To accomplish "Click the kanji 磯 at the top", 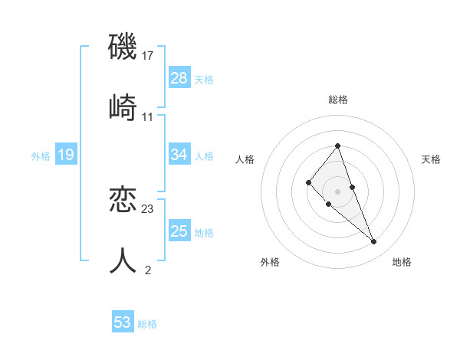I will coord(123,47).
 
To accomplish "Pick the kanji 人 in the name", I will coord(123,260).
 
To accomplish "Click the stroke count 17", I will coord(148,56).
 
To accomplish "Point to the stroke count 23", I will coord(148,208).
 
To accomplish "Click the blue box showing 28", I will coord(179,78).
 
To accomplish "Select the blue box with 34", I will coord(179,155).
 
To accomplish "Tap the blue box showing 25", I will coord(179,231).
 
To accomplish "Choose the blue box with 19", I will coord(65,155).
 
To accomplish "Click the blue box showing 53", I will coord(123,322).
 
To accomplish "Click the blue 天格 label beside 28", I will coord(204,79).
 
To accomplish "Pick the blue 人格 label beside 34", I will coord(204,155).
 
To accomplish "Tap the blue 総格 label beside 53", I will coord(147,323).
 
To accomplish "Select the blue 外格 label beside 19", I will coord(41,155).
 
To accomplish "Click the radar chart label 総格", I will coord(337,100).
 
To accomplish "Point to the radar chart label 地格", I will coord(402,262).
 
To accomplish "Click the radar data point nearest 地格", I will coord(374,242).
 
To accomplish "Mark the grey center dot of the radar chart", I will coord(337,191).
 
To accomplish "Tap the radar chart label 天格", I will coord(431,159).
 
